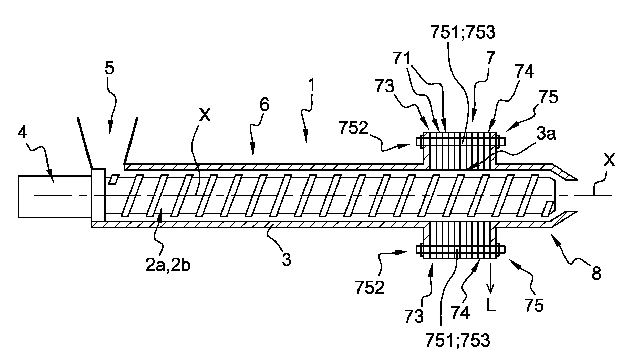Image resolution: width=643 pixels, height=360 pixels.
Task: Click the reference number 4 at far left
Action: click(x=22, y=133)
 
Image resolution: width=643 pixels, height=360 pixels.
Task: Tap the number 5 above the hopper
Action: click(x=109, y=69)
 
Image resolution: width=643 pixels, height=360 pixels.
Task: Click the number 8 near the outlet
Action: click(x=596, y=274)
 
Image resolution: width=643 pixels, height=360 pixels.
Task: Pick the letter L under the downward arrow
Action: click(x=491, y=305)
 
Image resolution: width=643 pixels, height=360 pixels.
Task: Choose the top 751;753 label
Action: click(x=463, y=33)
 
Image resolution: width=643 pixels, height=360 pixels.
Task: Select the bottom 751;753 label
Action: click(x=458, y=340)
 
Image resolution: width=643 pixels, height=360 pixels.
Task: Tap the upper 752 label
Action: click(x=353, y=128)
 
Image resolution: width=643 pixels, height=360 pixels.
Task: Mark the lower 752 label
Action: click(x=369, y=288)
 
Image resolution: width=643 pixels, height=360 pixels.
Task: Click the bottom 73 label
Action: click(x=414, y=316)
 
